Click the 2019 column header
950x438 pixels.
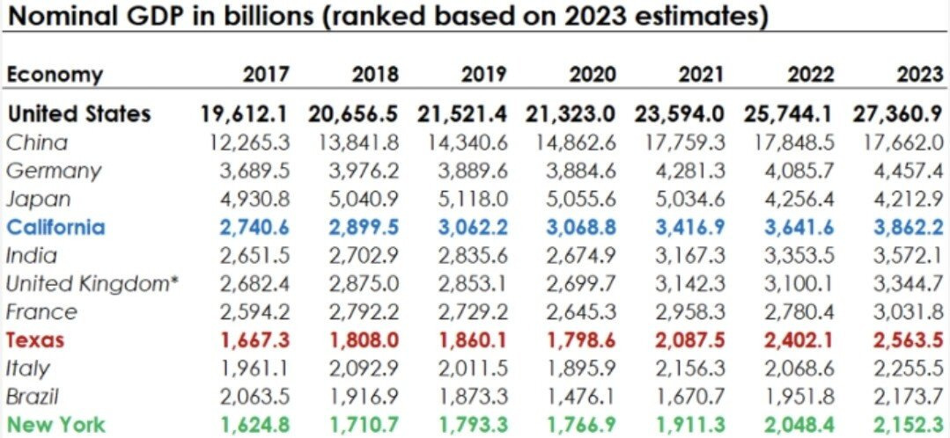pyautogui.click(x=483, y=75)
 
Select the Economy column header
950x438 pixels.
pyautogui.click(x=55, y=75)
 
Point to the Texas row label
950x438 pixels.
pyautogui.click(x=35, y=339)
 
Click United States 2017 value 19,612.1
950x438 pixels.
pyautogui.click(x=246, y=113)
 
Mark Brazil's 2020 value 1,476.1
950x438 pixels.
pyautogui.click(x=578, y=396)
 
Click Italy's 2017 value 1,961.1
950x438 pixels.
pyautogui.click(x=251, y=368)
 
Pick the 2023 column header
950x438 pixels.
pyautogui.click(x=919, y=75)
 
